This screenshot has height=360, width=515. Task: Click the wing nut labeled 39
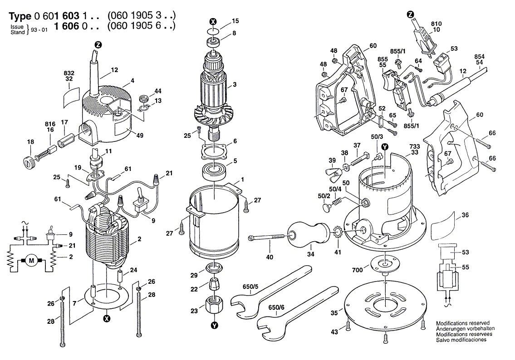coord(335,172)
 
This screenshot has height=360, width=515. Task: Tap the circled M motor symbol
coord(31,260)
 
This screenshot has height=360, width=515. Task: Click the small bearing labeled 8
coord(214,43)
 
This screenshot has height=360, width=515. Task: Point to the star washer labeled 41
coord(337,234)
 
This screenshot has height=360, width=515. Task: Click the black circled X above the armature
coord(214,21)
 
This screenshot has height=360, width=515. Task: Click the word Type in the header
coord(20,16)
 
